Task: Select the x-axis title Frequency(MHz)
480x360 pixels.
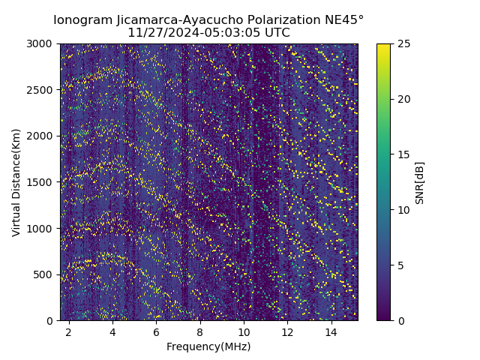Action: click(x=208, y=347)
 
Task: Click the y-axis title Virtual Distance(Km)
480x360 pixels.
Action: click(x=16, y=182)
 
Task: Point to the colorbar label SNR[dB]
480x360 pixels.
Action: click(x=420, y=182)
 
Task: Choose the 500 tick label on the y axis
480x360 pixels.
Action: click(x=46, y=274)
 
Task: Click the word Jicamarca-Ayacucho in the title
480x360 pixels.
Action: click(x=176, y=19)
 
